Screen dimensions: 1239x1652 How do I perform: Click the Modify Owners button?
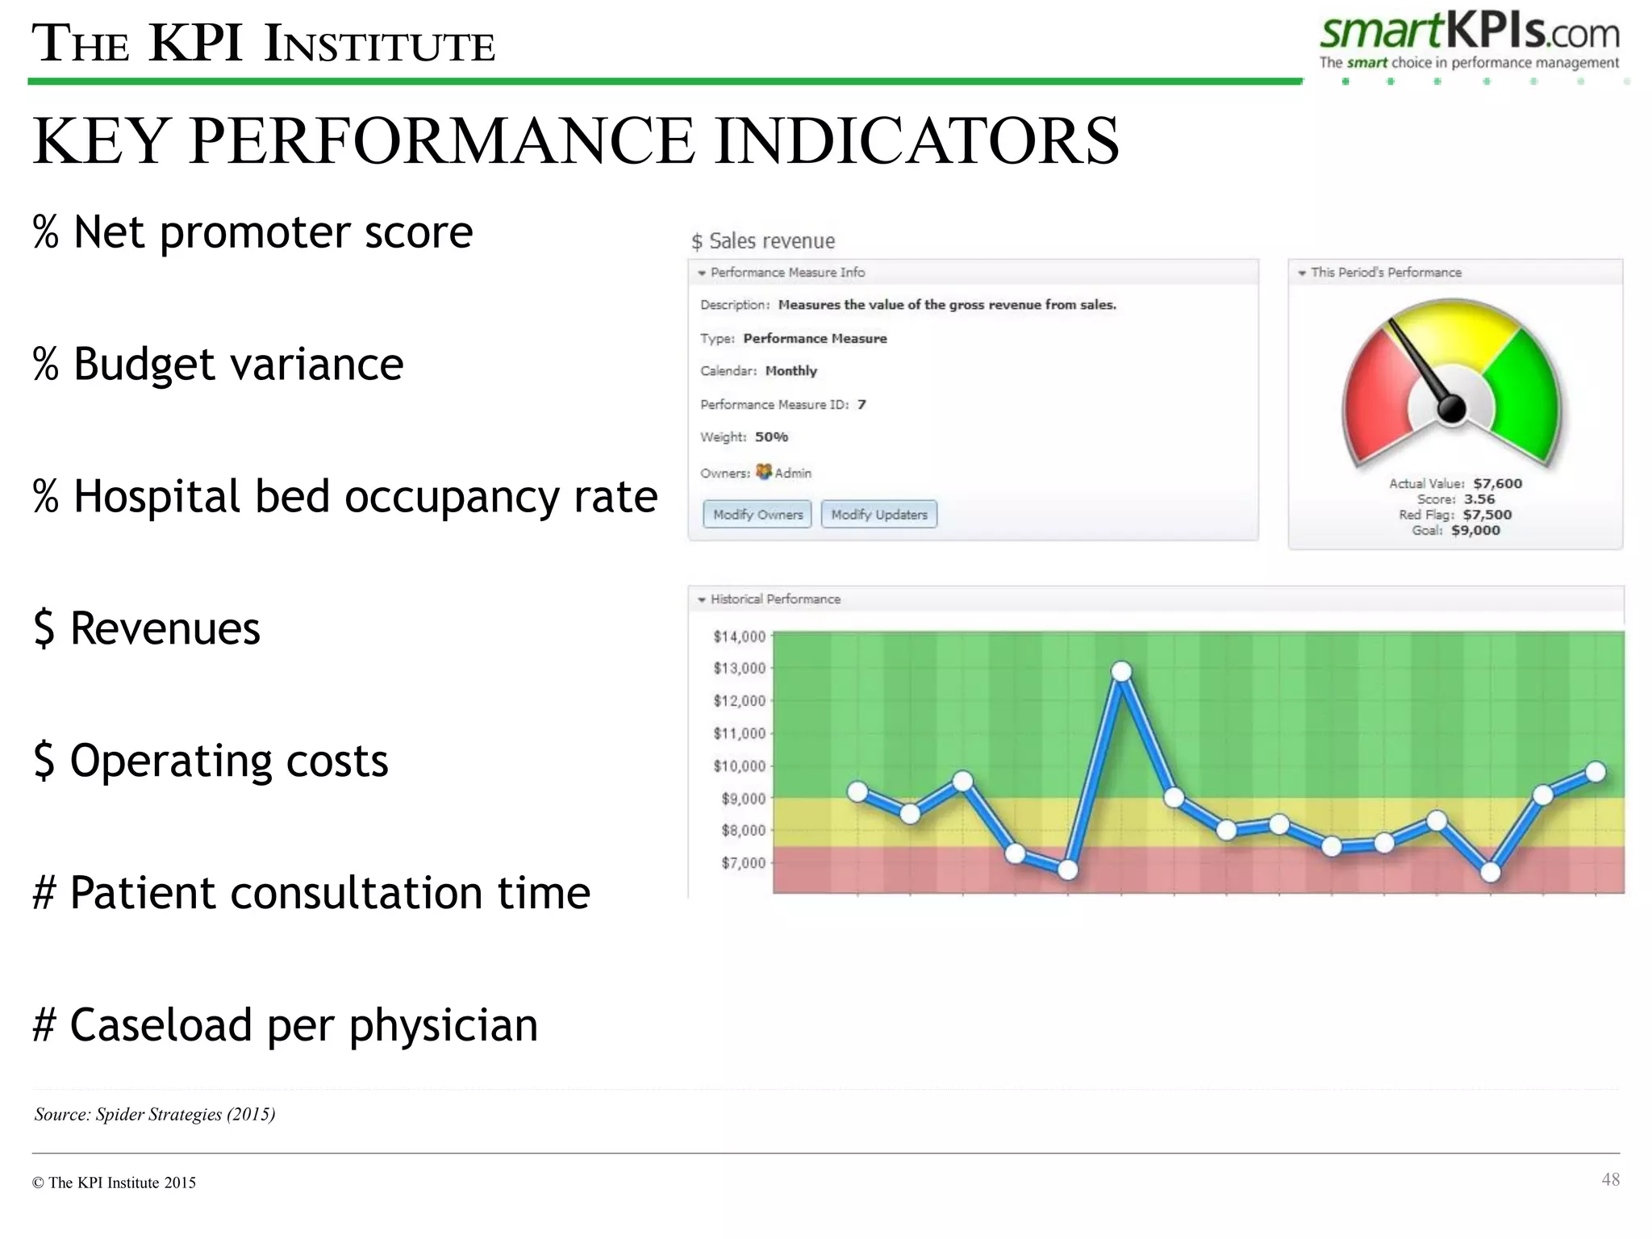(x=757, y=515)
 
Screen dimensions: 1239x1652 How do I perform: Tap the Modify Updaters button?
(x=878, y=515)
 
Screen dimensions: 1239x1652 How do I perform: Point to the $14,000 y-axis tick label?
(x=739, y=636)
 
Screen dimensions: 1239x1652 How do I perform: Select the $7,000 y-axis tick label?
(x=742, y=863)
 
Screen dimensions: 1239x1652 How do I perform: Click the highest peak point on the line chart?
(x=1121, y=671)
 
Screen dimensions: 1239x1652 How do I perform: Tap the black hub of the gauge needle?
(x=1451, y=409)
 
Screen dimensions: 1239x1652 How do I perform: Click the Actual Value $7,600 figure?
(x=1497, y=483)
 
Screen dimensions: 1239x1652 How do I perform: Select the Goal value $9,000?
(x=1475, y=530)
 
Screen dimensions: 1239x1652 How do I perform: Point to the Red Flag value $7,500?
(x=1487, y=515)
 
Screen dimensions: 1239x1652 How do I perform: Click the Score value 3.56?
(x=1479, y=499)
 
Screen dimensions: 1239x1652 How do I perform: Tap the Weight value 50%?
(x=771, y=437)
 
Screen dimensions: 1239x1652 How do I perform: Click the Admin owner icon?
(x=764, y=472)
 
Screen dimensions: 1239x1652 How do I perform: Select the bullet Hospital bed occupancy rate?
(x=345, y=495)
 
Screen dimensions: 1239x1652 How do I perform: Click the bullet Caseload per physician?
(x=285, y=1024)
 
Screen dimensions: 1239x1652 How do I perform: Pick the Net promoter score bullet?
(x=252, y=232)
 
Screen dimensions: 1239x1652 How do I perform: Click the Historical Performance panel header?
(x=774, y=599)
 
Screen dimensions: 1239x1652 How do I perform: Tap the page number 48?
(x=1610, y=1179)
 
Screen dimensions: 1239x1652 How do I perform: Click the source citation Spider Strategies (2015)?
(x=155, y=1114)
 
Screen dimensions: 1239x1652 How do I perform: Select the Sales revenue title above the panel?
(x=763, y=241)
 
